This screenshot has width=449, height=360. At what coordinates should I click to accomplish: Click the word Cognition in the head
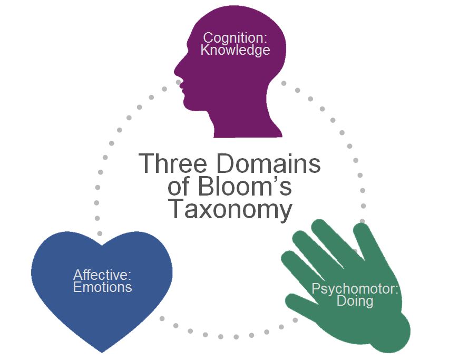coord(235,38)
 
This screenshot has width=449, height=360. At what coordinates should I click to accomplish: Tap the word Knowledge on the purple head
coord(235,51)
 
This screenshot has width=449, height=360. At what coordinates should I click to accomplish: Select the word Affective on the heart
coord(102,275)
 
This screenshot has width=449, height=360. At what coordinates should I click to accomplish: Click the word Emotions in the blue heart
coord(102,287)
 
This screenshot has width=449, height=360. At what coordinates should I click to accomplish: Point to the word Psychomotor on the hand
coord(355,289)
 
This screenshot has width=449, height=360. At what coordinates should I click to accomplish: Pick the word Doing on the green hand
coord(355,301)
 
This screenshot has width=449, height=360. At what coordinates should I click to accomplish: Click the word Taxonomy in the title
coord(230,210)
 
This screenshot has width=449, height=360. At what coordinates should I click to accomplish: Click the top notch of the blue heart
coord(101,246)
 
